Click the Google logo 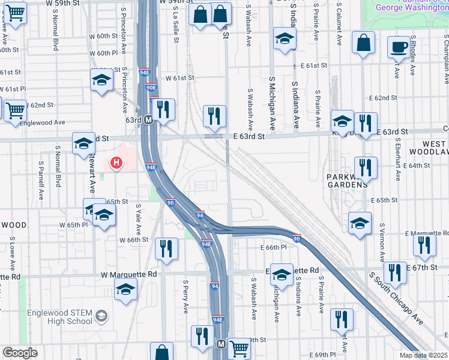(20, 353)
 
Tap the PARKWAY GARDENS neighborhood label (346, 181)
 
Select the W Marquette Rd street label (128, 274)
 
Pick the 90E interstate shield (151, 88)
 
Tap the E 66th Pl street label (271, 247)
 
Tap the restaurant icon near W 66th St (166, 248)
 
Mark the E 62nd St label (384, 97)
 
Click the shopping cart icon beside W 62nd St (15, 110)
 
